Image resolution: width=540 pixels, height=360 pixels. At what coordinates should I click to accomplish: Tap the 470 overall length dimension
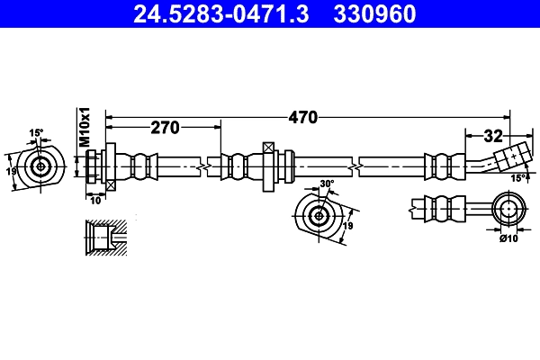coord(302,117)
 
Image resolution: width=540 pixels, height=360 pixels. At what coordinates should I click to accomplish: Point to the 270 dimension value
coord(165,128)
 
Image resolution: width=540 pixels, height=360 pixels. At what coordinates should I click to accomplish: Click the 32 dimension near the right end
coord(492,137)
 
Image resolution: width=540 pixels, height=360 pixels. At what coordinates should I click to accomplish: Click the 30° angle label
coord(326,184)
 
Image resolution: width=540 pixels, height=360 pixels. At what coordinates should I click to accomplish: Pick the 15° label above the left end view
coord(36,133)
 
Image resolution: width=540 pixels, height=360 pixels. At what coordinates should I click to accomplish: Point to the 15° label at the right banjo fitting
coord(518,178)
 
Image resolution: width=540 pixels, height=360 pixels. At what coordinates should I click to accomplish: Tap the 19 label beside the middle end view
coord(347,227)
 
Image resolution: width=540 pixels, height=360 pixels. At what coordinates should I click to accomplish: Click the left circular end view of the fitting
coord(40,166)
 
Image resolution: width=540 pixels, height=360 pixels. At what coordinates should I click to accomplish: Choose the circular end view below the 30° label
coord(318,216)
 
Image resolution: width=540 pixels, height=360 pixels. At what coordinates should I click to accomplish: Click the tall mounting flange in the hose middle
coord(268,166)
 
